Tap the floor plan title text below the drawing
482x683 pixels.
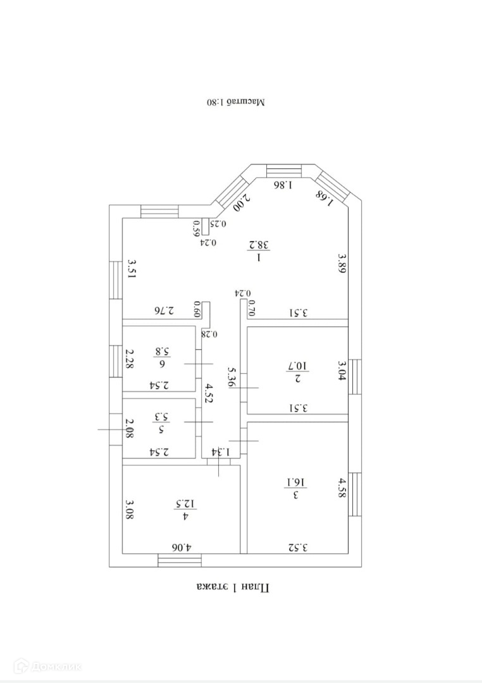(233, 588)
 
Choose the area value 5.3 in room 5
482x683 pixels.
(161, 417)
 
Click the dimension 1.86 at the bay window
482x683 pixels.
(283, 185)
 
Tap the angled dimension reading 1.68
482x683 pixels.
(324, 195)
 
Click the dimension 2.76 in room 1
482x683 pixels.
(164, 311)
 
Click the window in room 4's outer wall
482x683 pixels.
(180, 560)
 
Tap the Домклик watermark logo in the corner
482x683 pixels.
(50, 666)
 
